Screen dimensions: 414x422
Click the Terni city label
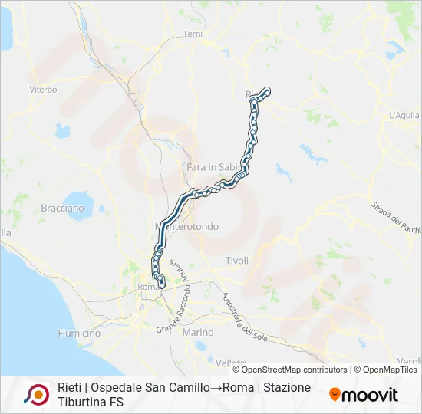(192, 34)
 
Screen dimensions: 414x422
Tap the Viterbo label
(43, 90)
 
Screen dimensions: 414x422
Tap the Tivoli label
(237, 261)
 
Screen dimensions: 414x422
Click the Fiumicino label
(79, 333)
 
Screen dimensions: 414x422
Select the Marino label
(198, 332)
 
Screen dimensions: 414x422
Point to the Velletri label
(231, 363)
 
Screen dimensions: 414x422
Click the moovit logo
(364, 395)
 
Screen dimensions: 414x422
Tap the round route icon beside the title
(36, 394)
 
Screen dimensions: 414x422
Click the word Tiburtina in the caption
(83, 402)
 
